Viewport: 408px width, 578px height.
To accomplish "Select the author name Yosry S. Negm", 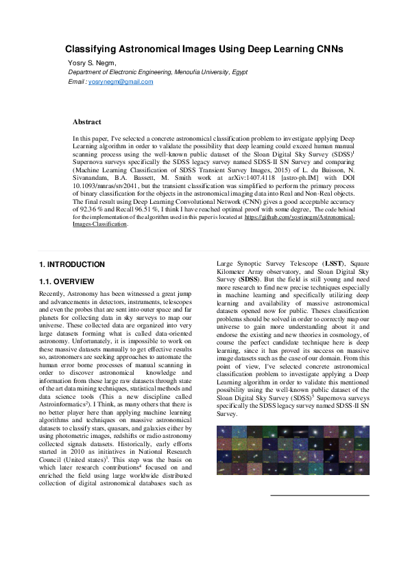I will pyautogui.click(x=94, y=63).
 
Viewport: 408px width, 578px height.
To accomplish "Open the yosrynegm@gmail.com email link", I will pyautogui.click(x=121, y=82).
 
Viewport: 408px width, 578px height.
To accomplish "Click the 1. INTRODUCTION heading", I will pyautogui.click(x=72, y=264).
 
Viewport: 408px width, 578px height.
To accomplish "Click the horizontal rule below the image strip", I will pyautogui.click(x=320, y=496).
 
